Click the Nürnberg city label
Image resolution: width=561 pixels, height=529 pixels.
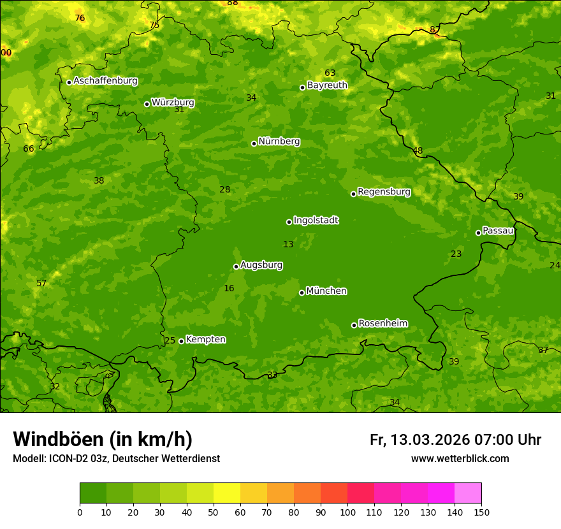[279, 141]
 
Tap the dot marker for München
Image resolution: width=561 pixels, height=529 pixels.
[302, 293]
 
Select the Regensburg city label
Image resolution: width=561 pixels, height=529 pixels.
[384, 192]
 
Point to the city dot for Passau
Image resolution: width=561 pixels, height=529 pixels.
[478, 233]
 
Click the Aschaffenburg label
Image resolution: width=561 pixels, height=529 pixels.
[105, 81]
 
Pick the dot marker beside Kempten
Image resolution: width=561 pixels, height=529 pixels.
[181, 341]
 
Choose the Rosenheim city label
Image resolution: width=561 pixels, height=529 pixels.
[382, 324]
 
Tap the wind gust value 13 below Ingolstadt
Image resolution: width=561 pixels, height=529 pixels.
[288, 244]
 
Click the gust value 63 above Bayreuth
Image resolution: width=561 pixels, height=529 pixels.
[330, 73]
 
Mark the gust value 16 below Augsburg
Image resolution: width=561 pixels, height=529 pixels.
[229, 289]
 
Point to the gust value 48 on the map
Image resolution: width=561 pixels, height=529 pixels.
[418, 151]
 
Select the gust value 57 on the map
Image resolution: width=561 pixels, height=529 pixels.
[41, 283]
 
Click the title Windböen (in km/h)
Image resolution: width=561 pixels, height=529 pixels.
[103, 439]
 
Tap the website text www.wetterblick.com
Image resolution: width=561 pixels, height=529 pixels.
[460, 458]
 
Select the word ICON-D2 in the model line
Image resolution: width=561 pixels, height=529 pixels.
[71, 458]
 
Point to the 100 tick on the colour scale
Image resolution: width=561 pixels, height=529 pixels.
[347, 512]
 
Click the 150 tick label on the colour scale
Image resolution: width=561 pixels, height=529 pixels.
[481, 512]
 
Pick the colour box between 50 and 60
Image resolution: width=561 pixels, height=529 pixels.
[227, 493]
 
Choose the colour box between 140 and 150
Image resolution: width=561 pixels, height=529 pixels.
[468, 493]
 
